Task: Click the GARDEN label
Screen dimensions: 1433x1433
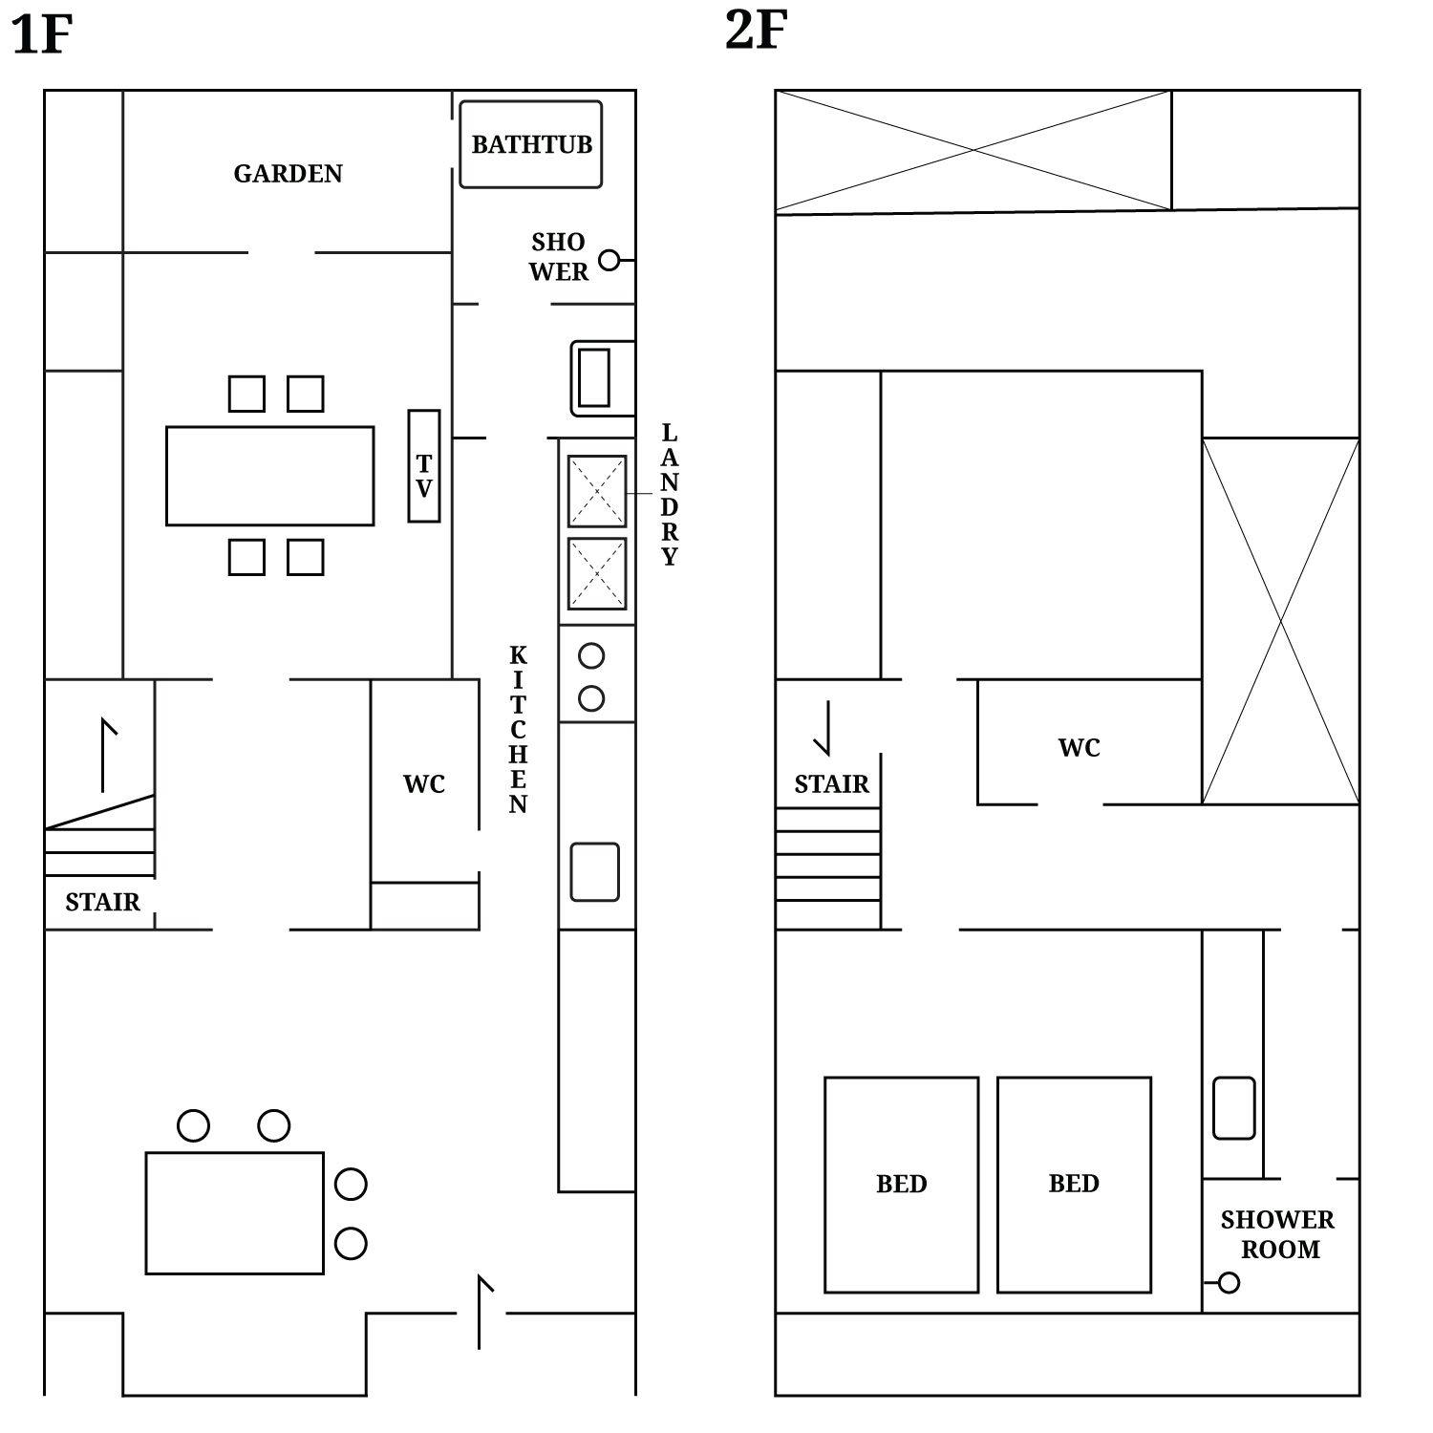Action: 288,174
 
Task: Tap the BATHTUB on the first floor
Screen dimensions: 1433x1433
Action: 531,144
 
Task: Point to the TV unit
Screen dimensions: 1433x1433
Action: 424,466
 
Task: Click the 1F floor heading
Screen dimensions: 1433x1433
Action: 41,35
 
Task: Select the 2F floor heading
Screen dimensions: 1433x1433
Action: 756,30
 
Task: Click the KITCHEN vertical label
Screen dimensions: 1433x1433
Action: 518,730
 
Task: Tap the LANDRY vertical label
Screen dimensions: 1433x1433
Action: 670,495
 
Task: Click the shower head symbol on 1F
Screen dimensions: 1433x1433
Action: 609,260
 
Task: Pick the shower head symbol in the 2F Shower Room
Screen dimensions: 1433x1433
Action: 1229,1283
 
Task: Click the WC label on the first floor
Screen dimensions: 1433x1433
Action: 424,784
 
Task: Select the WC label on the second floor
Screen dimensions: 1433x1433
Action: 1079,748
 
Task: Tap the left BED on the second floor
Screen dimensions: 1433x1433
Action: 901,1185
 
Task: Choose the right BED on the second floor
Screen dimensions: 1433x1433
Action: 1074,1185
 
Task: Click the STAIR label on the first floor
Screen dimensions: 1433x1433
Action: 102,902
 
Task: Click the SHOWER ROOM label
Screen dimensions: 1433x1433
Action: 1278,1234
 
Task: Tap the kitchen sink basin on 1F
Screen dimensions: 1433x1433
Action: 594,871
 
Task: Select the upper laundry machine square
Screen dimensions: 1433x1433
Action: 597,491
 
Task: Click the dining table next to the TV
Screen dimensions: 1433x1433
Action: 269,476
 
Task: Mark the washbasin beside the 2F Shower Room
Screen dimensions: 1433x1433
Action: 1233,1108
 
